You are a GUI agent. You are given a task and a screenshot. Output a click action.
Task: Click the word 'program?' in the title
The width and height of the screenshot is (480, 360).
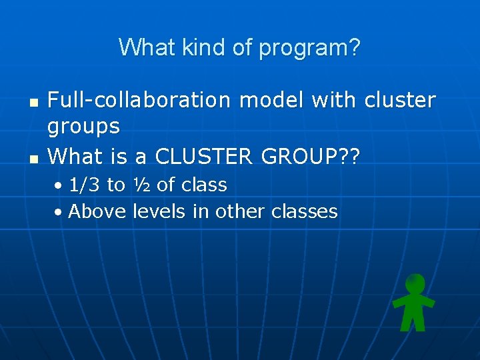309,48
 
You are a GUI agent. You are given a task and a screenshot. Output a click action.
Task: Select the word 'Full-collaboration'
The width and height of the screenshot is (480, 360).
139,100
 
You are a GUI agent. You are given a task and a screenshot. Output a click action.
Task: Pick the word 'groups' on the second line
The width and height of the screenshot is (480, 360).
84,127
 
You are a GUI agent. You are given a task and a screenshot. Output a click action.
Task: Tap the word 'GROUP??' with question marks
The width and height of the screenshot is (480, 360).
311,157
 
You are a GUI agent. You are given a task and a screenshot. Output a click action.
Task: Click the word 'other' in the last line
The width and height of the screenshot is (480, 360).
241,211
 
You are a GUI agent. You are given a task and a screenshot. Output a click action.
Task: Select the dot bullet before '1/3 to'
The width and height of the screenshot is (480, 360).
59,186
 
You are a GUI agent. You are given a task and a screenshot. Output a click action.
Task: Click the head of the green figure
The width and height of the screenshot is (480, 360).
415,284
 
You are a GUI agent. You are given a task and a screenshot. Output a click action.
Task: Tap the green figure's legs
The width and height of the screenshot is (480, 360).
414,322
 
